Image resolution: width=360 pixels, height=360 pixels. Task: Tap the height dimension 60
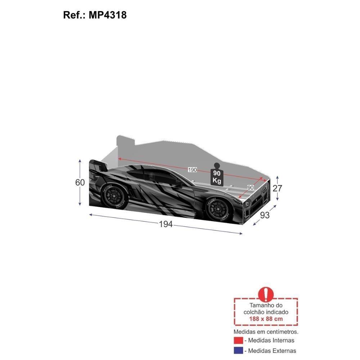[80, 183]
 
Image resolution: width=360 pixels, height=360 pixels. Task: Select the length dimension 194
[166, 224]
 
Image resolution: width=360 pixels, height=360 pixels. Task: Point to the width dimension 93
[265, 215]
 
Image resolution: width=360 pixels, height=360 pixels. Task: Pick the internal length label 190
[193, 170]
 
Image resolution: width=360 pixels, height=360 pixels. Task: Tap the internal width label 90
[250, 187]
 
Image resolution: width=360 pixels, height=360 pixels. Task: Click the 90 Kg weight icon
[217, 175]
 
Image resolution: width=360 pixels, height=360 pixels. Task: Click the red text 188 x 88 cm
[266, 319]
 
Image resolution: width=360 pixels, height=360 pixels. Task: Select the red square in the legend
[238, 340]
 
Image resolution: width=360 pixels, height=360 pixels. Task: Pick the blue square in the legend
[238, 351]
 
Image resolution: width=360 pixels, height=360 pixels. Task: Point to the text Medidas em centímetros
[266, 331]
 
